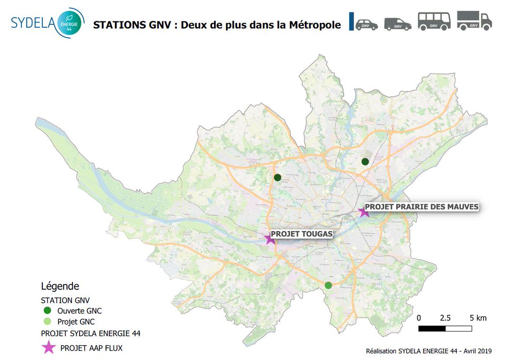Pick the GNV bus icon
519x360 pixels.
(x=434, y=21)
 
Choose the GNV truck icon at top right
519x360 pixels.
(x=474, y=21)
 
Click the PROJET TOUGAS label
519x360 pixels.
(x=301, y=234)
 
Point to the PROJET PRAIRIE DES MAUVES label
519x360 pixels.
(x=422, y=207)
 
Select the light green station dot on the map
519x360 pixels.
(x=328, y=285)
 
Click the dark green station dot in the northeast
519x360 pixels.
(x=365, y=162)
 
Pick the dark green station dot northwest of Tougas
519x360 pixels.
(x=277, y=177)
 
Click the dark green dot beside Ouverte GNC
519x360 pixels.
(x=48, y=311)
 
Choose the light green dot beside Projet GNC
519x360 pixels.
(x=48, y=322)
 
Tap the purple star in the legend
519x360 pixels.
(x=48, y=347)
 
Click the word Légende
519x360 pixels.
(x=60, y=286)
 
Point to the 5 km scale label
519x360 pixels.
(x=478, y=318)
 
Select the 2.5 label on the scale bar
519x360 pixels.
(x=445, y=318)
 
